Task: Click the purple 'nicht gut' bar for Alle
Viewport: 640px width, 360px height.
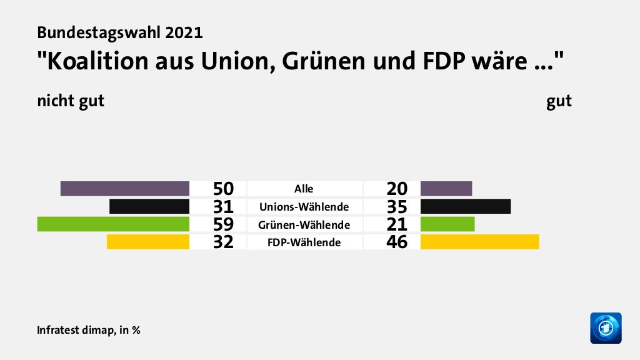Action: [x=125, y=188]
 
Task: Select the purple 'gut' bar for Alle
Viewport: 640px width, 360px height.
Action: [x=446, y=188]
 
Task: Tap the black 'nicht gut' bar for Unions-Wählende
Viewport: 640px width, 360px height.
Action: [x=149, y=206]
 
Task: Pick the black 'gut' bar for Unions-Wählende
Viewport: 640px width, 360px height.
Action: [x=466, y=206]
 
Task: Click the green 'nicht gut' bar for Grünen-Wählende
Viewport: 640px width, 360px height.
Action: [x=113, y=224]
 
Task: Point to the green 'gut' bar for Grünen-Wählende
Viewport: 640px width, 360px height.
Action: [x=447, y=224]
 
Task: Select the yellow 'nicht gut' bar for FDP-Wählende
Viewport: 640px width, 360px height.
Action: [x=148, y=241]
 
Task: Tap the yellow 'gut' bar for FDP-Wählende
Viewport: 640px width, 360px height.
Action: [x=479, y=241]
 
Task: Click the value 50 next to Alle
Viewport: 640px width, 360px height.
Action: [x=223, y=189]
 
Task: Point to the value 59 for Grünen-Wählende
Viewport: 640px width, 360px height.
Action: [x=223, y=224]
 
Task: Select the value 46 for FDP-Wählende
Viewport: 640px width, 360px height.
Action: [x=397, y=242]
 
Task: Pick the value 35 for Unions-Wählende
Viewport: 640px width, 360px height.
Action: [x=397, y=207]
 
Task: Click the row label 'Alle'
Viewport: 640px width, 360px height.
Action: [x=304, y=189]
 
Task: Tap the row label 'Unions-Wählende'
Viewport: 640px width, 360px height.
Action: [x=305, y=206]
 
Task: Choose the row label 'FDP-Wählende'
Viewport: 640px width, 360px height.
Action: [x=305, y=242]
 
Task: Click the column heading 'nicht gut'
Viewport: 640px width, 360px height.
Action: [x=70, y=101]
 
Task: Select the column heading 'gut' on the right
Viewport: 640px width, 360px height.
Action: [x=559, y=101]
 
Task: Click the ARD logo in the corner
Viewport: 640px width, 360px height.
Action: [x=606, y=327]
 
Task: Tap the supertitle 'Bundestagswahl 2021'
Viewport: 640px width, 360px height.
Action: [x=119, y=32]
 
